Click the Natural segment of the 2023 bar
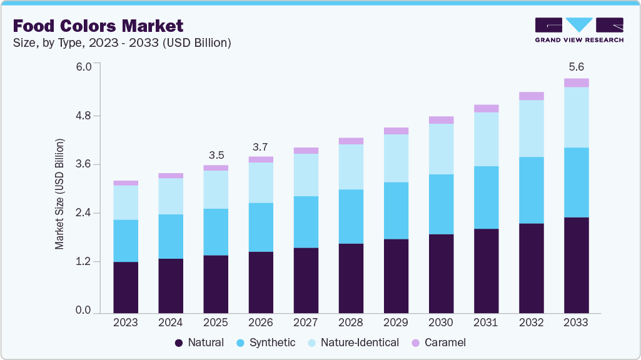click(x=126, y=287)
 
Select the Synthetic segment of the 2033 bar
click(x=576, y=182)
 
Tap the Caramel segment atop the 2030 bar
click(x=441, y=120)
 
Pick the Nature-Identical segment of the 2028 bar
click(x=351, y=167)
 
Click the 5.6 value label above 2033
click(x=576, y=67)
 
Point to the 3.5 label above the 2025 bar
click(x=216, y=154)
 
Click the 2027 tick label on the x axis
click(x=306, y=322)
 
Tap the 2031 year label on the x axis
click(x=486, y=322)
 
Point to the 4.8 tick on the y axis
click(x=84, y=116)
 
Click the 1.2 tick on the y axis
click(x=84, y=261)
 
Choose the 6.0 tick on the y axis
click(x=84, y=66)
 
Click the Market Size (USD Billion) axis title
click(x=60, y=194)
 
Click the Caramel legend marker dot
click(x=415, y=342)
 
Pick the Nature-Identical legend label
click(x=359, y=342)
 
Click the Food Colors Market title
click(x=98, y=26)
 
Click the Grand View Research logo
click(x=579, y=29)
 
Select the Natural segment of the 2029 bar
click(x=396, y=276)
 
